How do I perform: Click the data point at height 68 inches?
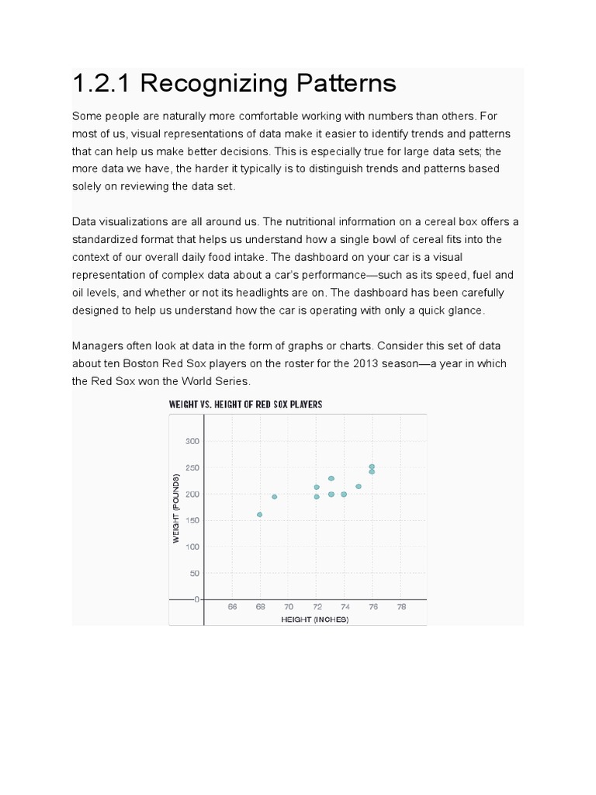[259, 515]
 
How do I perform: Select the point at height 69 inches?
[274, 497]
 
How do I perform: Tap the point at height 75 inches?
[359, 487]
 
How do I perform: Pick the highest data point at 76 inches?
[372, 467]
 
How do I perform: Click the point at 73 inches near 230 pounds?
[331, 478]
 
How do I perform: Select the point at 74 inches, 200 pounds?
[344, 495]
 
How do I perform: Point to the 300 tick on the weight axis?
[192, 441]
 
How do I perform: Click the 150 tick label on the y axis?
[192, 520]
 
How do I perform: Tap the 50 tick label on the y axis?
[194, 573]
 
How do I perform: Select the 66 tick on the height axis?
[232, 607]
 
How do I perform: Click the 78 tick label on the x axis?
[401, 607]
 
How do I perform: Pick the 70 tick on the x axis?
[288, 607]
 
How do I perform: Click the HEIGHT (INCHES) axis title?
[315, 620]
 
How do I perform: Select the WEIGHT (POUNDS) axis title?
[177, 508]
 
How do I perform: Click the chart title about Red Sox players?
[245, 404]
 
